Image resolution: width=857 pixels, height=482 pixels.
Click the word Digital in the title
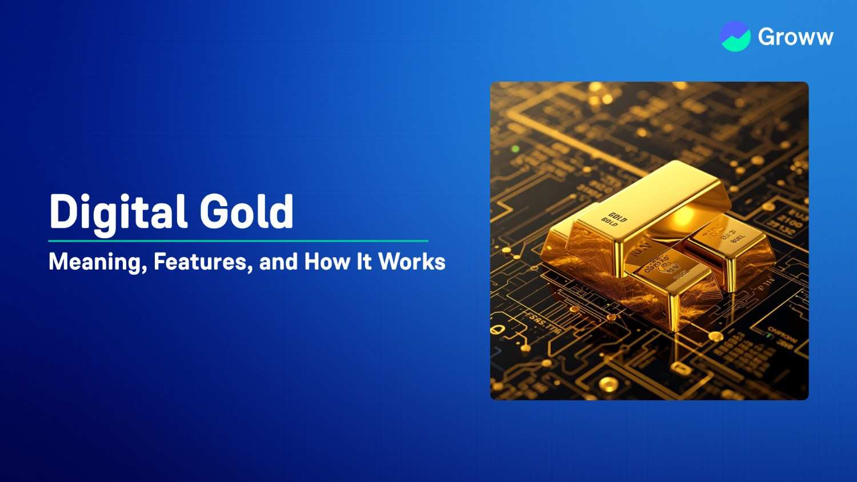[117, 212]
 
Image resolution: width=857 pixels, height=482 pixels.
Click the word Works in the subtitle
[412, 262]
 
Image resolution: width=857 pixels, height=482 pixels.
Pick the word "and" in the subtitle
[278, 262]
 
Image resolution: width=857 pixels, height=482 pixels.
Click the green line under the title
[238, 241]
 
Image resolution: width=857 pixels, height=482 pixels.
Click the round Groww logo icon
[735, 37]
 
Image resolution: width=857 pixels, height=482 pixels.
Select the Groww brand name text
[795, 37]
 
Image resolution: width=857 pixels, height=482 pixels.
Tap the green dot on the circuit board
[515, 149]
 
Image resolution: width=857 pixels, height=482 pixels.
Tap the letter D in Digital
[62, 212]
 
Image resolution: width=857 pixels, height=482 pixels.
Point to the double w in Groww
[816, 38]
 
